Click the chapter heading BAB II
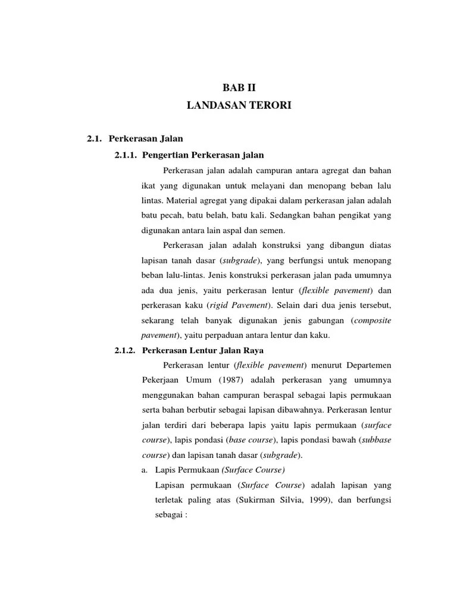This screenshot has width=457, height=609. coord(239,88)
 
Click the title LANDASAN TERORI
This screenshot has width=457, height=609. coord(239,106)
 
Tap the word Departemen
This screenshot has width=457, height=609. coord(365,365)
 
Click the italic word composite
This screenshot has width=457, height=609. coord(373,321)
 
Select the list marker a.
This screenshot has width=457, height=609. coord(144,470)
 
